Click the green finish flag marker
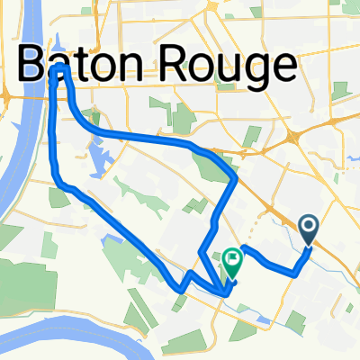[233, 261]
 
